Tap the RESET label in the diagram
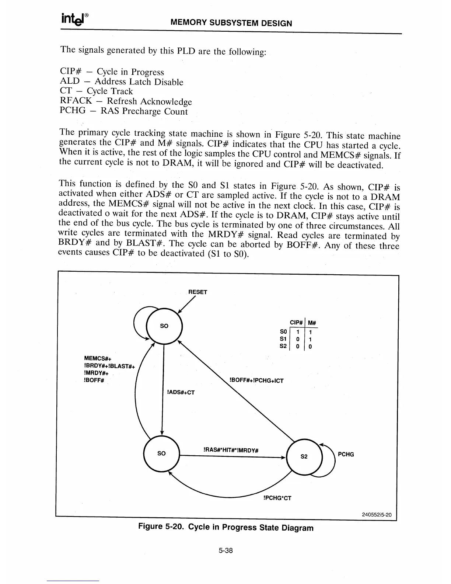198,292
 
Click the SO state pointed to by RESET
164,326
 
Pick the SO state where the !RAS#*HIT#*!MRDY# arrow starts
161,453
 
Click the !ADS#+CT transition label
181,392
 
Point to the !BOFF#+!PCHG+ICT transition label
256,380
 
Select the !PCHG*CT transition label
277,498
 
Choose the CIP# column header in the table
297,323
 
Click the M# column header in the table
312,323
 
